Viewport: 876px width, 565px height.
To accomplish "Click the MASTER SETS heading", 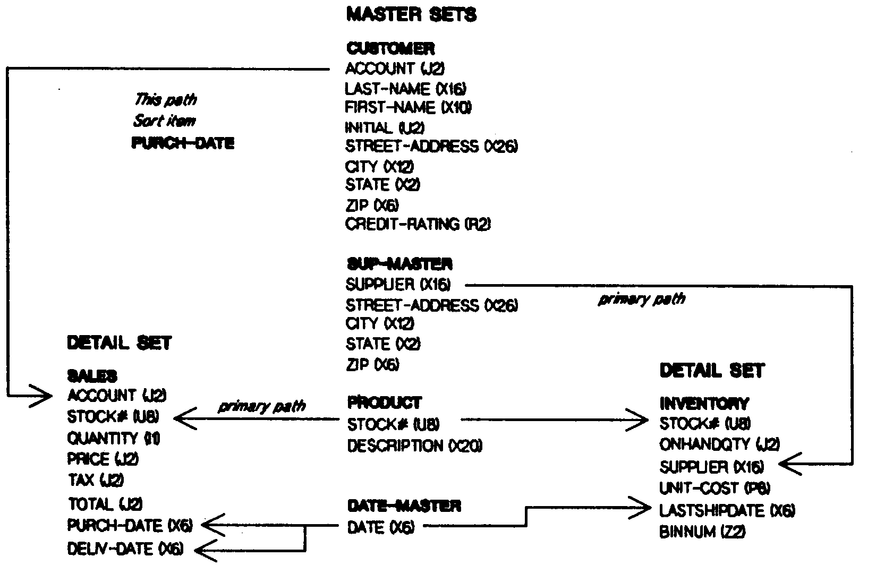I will click(x=411, y=15).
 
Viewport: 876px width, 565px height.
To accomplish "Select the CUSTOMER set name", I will click(x=390, y=49).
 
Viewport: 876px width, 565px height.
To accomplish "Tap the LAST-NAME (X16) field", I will click(x=406, y=88).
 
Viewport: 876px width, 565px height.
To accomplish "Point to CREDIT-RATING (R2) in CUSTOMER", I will click(x=418, y=225).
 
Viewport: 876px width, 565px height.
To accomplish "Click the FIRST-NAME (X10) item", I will click(x=409, y=108).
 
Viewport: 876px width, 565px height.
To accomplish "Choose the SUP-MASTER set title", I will click(x=399, y=264).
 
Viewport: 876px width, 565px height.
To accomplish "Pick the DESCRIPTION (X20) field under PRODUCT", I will click(x=415, y=446).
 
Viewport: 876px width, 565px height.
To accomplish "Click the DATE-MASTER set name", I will click(x=404, y=506).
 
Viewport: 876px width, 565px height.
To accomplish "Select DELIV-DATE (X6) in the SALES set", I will click(x=126, y=549).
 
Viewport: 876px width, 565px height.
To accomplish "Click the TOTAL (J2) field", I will click(x=105, y=503).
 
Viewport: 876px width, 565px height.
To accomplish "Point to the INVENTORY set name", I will click(x=704, y=404).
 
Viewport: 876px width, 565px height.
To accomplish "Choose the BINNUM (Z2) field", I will click(x=702, y=532).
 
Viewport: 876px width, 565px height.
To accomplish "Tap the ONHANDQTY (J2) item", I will click(x=719, y=444).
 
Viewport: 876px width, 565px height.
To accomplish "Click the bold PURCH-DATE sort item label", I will click(x=183, y=143).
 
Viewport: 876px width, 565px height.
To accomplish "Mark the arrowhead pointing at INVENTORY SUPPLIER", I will click(x=790, y=465).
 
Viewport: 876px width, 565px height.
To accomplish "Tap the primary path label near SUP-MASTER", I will click(x=642, y=300).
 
